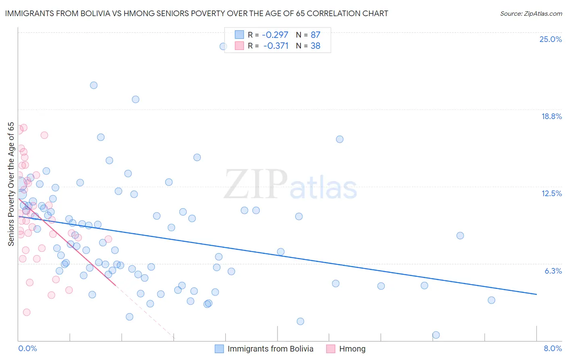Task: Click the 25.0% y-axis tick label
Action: (550, 39)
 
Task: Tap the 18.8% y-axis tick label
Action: (551, 116)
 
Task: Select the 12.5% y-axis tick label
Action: (551, 193)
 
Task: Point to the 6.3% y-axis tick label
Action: (553, 271)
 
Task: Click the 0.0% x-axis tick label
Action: (27, 348)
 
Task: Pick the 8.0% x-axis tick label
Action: (552, 348)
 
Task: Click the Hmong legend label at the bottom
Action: (352, 349)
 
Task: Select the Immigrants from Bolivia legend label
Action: (270, 349)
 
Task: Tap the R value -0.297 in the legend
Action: (275, 35)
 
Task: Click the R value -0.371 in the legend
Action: (276, 46)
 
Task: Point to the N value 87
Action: (315, 35)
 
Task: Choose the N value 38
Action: (315, 46)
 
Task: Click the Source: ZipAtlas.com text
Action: (531, 14)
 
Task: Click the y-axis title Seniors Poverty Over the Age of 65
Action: (11, 184)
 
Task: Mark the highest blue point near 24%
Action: (223, 46)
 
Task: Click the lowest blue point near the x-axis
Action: (436, 335)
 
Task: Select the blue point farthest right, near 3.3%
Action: (491, 300)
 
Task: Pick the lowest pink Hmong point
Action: (27, 312)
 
